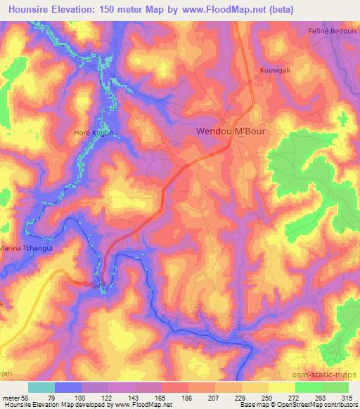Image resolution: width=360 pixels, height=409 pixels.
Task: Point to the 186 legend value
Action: coord(187,398)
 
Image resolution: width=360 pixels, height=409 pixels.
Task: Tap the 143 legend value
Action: coord(134,398)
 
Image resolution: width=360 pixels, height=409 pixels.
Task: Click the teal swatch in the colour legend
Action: coord(41,387)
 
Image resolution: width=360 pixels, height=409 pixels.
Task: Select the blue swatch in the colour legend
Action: coord(68,387)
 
